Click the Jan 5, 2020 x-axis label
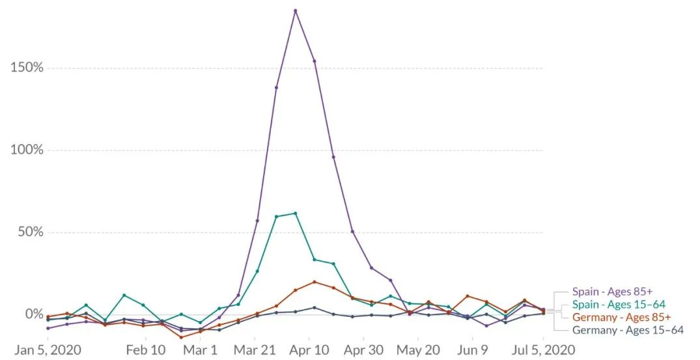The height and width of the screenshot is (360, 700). pos(49,350)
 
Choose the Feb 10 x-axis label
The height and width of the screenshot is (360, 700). pos(146,350)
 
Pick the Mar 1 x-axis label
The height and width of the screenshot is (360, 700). pos(200,350)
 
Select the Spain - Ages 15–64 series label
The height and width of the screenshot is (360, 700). pos(619,304)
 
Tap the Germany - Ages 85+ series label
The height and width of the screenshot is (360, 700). pos(621,317)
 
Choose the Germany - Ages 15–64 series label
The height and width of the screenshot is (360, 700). pos(628,330)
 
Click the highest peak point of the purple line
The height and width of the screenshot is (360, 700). pos(295,10)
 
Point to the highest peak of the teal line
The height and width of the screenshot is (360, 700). pos(295,213)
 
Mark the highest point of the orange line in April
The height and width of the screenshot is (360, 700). pos(315,282)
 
